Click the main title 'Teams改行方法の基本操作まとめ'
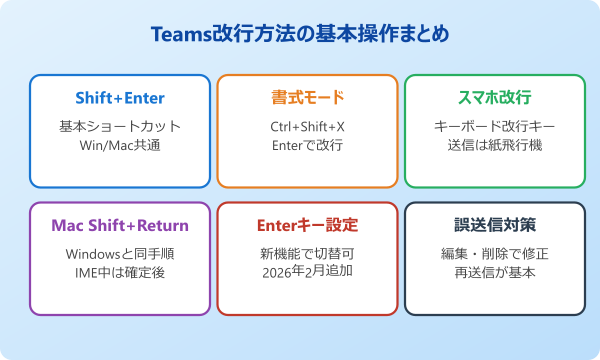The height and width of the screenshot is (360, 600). point(300,35)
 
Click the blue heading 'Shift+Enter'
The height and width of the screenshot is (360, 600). point(120,98)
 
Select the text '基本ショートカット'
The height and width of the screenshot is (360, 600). point(120,127)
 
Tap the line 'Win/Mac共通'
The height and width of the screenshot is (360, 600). point(120,146)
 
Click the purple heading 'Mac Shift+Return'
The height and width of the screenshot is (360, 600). point(120,225)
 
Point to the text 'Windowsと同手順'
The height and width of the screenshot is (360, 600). point(120,254)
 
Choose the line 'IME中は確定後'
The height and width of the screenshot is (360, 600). point(120,273)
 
